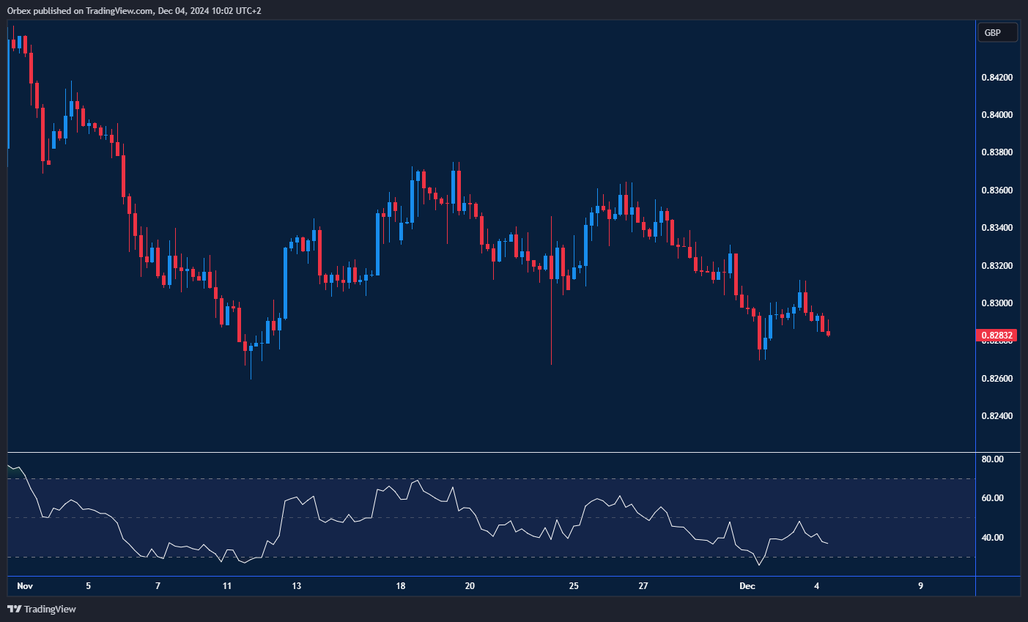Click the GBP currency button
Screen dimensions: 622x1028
click(997, 32)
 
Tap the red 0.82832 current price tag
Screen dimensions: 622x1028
click(996, 336)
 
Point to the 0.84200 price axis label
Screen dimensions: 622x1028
click(996, 78)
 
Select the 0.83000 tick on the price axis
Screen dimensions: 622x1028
click(996, 303)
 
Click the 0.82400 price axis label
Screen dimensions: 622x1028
click(996, 416)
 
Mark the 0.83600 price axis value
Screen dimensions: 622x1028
click(996, 190)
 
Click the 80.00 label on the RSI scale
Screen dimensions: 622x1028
click(993, 459)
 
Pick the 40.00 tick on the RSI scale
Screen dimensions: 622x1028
click(993, 538)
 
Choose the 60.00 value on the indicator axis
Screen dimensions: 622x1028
click(993, 498)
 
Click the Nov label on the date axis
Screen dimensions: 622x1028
click(25, 586)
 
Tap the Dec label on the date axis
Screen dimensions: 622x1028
click(747, 586)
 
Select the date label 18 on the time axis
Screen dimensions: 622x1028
click(401, 586)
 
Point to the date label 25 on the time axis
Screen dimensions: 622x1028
click(574, 586)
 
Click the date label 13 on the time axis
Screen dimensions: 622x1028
click(297, 586)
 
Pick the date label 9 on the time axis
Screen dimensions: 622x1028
click(920, 586)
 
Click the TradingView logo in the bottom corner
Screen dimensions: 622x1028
click(42, 609)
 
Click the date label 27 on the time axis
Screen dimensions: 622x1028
click(643, 586)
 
